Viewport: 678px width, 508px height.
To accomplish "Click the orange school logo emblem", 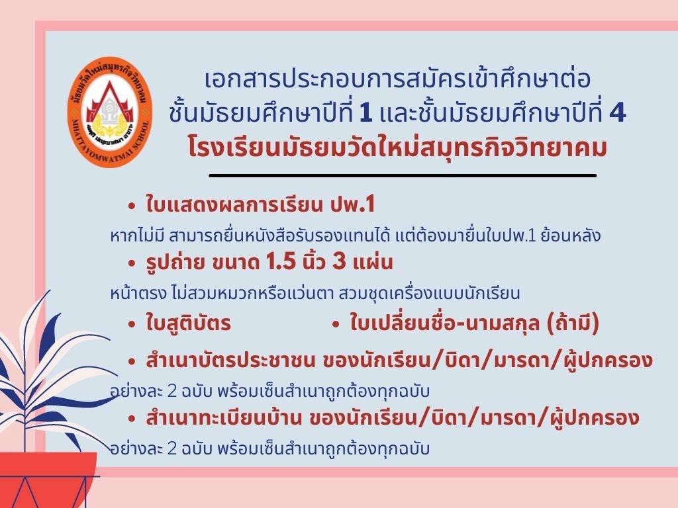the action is (110, 112).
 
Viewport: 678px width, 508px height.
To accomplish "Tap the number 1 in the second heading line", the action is (365, 113).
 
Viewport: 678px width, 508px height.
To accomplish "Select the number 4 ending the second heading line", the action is (617, 113).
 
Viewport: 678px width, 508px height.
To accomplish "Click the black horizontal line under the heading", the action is (403, 176).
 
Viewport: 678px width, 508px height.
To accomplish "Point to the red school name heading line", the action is (397, 146).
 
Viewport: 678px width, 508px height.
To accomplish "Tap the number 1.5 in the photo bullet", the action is (281, 262).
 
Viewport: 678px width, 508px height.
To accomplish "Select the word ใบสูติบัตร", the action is (188, 323).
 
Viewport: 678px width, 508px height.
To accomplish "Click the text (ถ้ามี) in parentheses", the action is (573, 323).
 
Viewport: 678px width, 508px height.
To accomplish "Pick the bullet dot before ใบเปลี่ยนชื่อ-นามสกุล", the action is (336, 325).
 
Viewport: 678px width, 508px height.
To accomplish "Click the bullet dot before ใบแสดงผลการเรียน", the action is (132, 206).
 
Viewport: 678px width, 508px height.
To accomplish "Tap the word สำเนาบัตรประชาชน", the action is (230, 360).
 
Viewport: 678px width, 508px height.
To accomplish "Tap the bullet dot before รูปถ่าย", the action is (132, 264).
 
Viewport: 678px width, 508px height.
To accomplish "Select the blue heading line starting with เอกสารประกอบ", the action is (397, 79).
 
